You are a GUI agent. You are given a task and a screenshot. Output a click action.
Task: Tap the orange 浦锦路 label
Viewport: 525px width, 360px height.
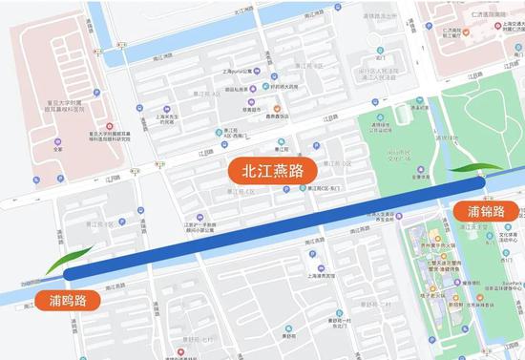click(493, 210)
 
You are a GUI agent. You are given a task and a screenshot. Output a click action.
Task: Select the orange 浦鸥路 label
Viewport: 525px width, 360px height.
click(68, 300)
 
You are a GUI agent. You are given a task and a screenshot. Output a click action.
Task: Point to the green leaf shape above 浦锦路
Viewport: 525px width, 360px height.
click(471, 169)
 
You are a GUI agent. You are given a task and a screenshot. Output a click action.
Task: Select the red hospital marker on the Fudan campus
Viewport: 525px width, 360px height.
click(110, 127)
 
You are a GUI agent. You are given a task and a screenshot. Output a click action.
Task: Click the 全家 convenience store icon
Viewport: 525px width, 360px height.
click(58, 140)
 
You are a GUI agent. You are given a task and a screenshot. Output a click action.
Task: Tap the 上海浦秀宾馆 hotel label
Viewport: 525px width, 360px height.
click(317, 275)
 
